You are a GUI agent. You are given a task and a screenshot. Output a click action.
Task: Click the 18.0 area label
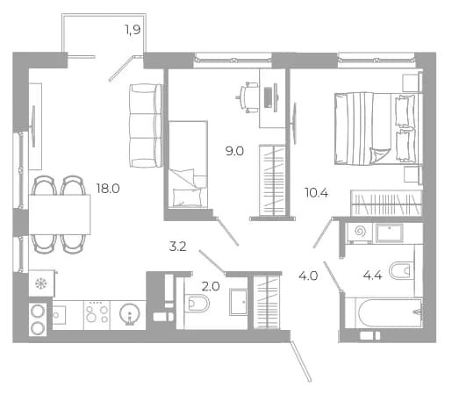pos(108,189)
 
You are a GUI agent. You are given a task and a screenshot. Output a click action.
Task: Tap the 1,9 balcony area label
pos(133,30)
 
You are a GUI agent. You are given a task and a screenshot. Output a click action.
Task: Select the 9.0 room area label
pos(234,151)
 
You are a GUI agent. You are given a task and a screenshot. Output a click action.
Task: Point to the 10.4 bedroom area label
pos(316,193)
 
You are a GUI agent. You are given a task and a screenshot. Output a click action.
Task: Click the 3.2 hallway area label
pos(178,247)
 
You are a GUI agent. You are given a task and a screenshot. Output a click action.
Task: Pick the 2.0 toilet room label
pos(211,286)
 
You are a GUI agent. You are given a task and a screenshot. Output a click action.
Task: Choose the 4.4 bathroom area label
pos(373,276)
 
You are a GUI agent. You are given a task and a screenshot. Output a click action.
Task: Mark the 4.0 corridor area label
pos(308,276)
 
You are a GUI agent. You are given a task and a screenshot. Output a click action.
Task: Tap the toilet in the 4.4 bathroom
pos(401,271)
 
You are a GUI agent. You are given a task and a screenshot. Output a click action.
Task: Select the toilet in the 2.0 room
pos(197,303)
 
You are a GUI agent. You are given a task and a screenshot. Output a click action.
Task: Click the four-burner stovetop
pos(97,315)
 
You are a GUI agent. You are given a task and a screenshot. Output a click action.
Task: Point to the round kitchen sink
pos(130,314)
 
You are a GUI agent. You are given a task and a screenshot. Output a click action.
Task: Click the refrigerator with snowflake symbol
pos(41,283)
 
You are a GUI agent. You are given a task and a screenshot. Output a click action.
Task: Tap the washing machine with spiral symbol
pos(360,233)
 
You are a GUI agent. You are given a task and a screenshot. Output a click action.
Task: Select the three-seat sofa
pos(146,125)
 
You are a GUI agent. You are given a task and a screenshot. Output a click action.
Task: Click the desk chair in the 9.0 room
pos(248,97)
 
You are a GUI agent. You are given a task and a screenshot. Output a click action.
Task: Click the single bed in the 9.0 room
pos(189,164)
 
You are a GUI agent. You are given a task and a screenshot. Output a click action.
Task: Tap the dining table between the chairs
pos(60,215)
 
